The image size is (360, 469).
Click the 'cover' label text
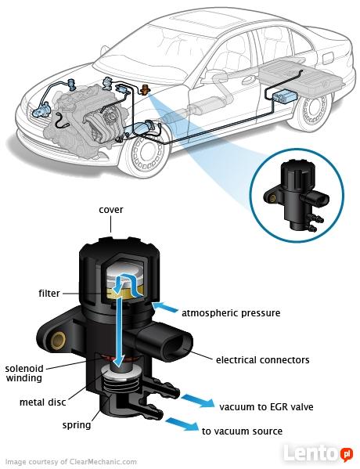click(x=110, y=210)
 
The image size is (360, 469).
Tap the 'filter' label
click(x=49, y=293)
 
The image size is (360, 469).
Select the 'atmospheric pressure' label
click(x=231, y=313)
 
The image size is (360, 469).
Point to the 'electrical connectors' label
click(x=262, y=359)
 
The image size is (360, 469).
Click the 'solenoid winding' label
click(x=24, y=373)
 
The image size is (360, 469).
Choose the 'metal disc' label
click(x=42, y=402)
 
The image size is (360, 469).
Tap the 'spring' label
click(x=77, y=425)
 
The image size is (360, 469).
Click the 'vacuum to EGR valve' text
click(x=266, y=407)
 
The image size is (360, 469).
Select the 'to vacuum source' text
click(x=242, y=431)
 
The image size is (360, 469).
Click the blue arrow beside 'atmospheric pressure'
click(x=165, y=307)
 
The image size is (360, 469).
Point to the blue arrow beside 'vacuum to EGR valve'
click(x=198, y=401)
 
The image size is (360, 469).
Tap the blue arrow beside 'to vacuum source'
click(x=182, y=424)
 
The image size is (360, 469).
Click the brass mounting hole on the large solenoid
click(x=58, y=341)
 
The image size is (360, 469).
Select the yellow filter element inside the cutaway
click(x=125, y=290)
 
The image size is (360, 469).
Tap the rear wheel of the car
click(x=313, y=110)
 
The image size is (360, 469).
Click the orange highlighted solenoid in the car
click(x=145, y=89)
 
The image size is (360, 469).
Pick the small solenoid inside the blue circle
click(x=296, y=197)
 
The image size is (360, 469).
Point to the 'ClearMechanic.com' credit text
click(x=103, y=462)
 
